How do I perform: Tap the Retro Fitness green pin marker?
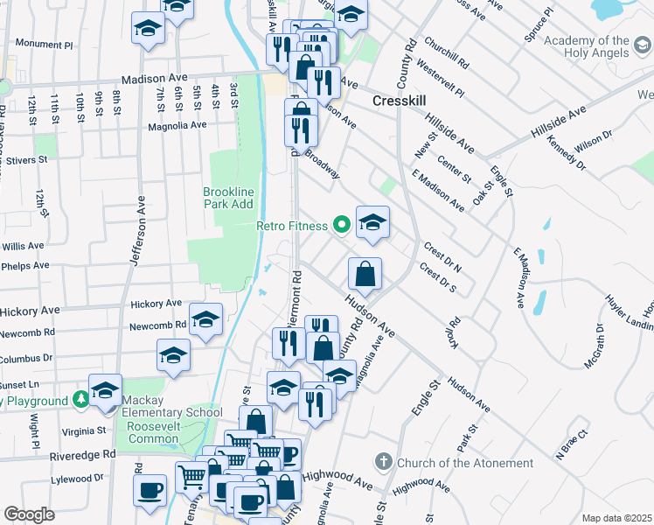click(x=342, y=226)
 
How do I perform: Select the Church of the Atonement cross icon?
click(x=383, y=461)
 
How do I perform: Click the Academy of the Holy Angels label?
click(x=598, y=47)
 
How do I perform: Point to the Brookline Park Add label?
click(x=228, y=198)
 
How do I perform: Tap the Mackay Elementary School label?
click(x=173, y=412)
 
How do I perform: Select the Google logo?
click(x=29, y=514)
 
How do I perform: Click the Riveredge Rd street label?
click(x=84, y=454)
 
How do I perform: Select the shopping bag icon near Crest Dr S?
click(x=365, y=274)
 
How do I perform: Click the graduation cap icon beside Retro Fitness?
click(x=372, y=222)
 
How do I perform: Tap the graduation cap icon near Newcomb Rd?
click(x=205, y=320)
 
